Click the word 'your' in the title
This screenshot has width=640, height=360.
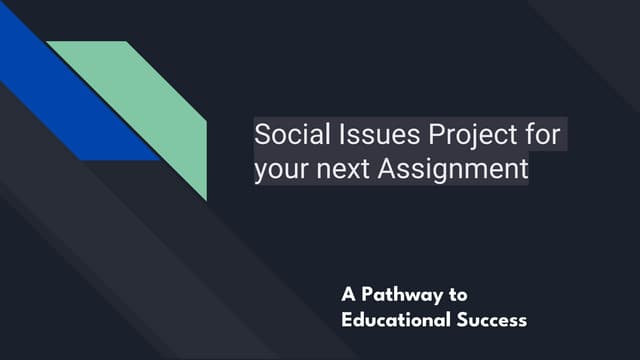pos(282,169)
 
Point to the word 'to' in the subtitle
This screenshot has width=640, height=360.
pos(458,295)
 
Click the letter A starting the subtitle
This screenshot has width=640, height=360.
pos(348,295)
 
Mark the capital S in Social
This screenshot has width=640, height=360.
pos(262,134)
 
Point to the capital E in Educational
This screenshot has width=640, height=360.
pos(346,321)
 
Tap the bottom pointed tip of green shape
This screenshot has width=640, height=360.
pos(206,199)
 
